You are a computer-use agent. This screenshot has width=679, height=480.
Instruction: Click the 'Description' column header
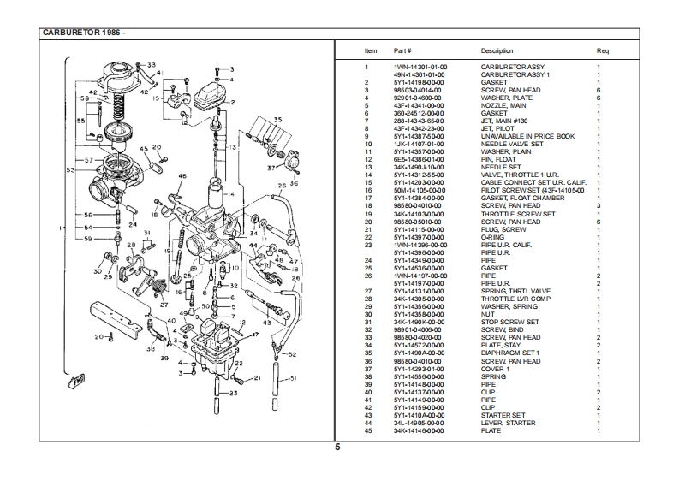[x=497, y=51]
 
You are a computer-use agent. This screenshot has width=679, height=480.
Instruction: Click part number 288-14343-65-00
[x=419, y=121]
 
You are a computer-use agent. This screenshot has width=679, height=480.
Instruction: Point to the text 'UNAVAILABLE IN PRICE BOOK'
[x=527, y=136]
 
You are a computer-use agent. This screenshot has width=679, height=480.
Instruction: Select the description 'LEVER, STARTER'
[x=508, y=423]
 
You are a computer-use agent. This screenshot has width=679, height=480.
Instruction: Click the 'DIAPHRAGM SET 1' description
[x=511, y=353]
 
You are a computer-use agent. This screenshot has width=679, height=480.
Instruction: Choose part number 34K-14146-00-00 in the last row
[x=420, y=430]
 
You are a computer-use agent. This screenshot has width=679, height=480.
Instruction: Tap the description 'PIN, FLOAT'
[x=499, y=159]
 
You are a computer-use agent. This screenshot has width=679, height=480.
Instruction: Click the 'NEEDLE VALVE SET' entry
[x=511, y=144]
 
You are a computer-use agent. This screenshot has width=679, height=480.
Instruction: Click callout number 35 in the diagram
[x=277, y=119]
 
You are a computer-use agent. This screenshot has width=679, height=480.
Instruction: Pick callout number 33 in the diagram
[x=152, y=65]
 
